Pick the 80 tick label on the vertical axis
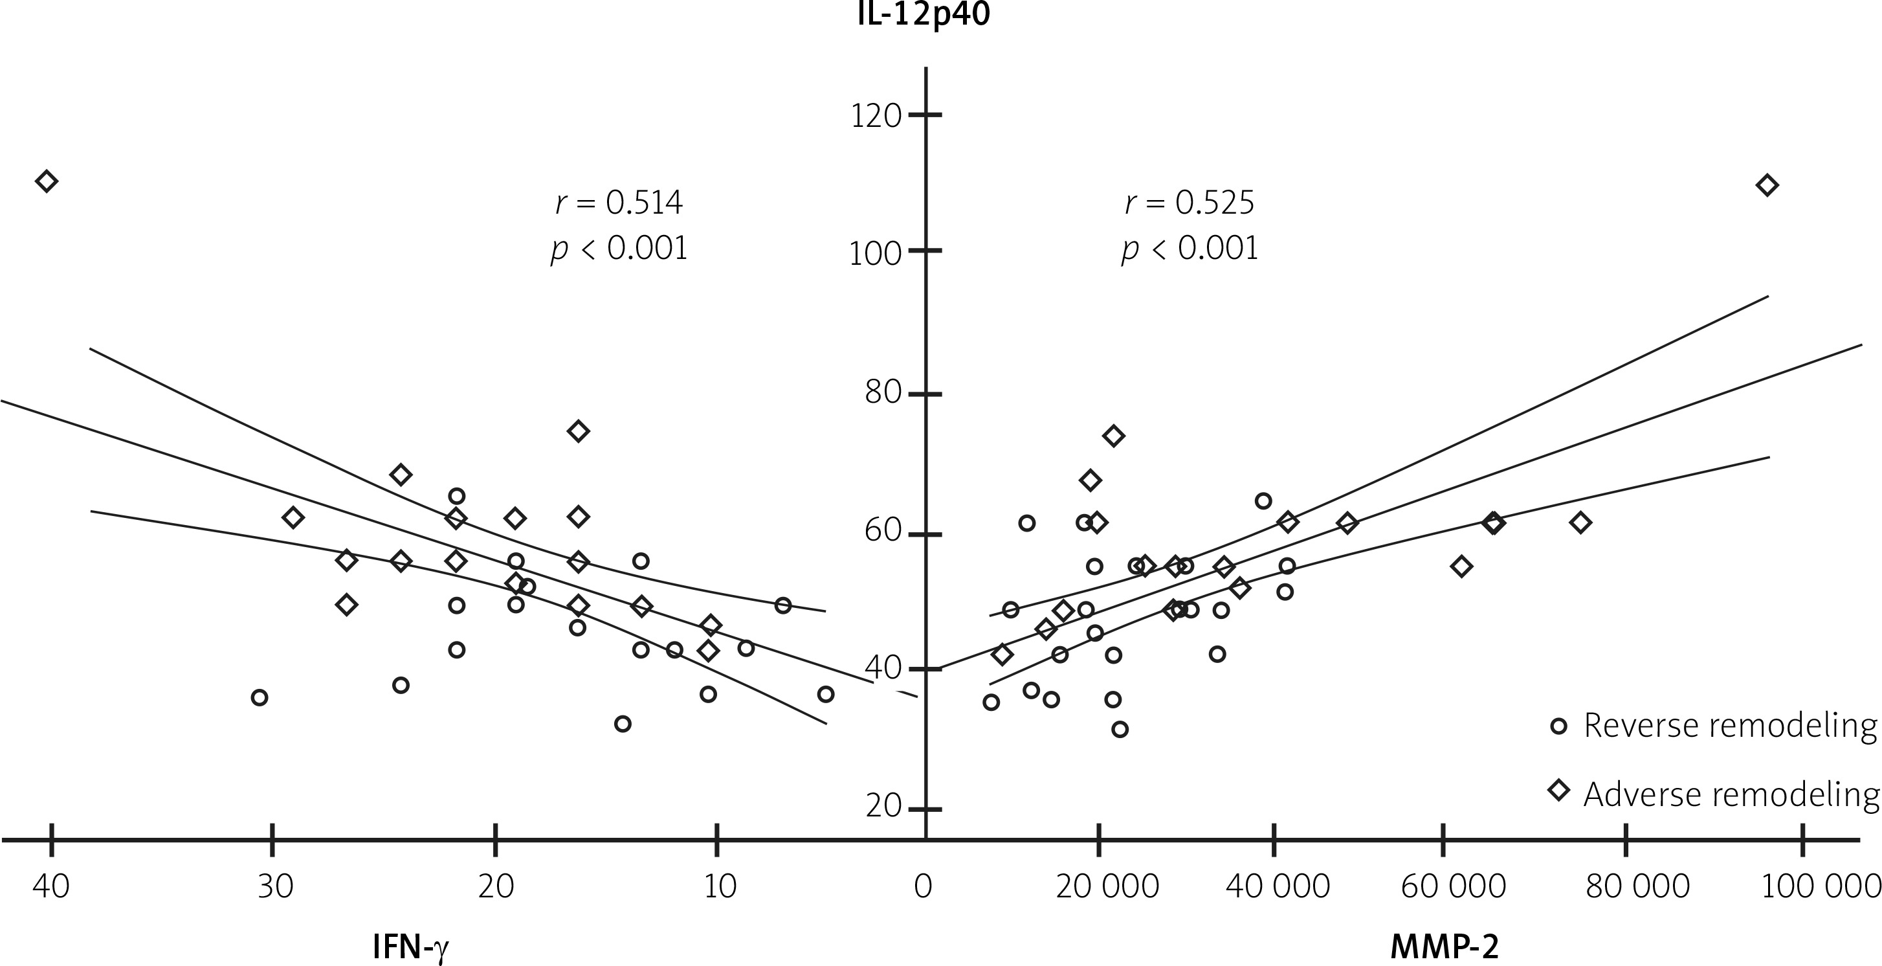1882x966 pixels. click(x=883, y=392)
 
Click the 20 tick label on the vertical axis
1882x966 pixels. click(x=883, y=806)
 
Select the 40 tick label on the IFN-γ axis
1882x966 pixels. click(x=51, y=886)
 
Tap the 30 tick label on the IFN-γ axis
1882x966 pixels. click(x=276, y=886)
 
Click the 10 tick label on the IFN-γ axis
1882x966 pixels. click(x=720, y=886)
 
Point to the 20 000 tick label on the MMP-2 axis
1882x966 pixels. click(x=1107, y=886)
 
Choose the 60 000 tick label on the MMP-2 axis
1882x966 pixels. click(x=1453, y=886)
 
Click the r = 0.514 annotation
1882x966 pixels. click(x=619, y=203)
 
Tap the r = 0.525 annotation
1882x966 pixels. click(x=1190, y=203)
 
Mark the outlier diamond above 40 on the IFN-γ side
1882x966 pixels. click(x=46, y=181)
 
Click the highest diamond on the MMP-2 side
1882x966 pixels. click(x=1767, y=186)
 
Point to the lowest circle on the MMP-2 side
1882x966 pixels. click(x=1120, y=729)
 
